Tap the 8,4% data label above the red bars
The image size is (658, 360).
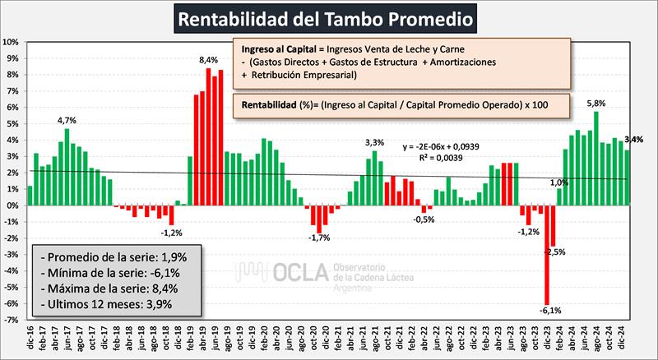point(208,60)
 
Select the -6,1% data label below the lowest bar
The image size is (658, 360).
point(549,311)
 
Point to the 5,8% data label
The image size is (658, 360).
point(595,104)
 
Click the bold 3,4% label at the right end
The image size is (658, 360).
point(634,139)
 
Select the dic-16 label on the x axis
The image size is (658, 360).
point(30,337)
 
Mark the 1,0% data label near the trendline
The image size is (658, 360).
point(558,182)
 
